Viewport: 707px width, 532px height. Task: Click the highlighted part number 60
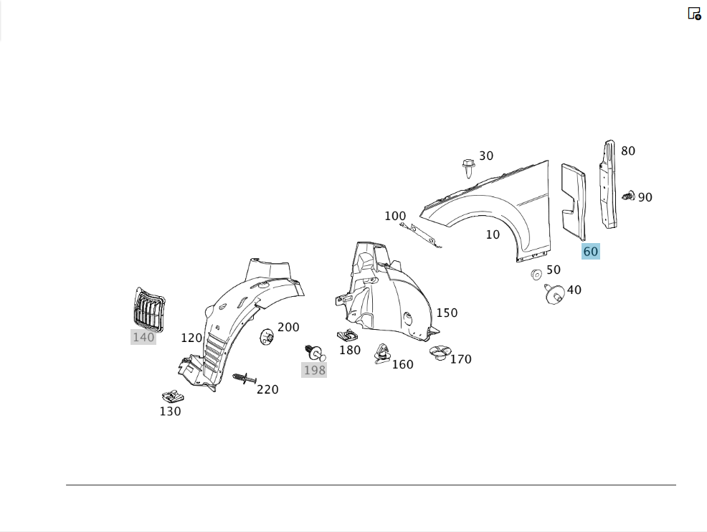tap(591, 251)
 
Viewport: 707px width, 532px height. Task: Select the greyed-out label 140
tap(143, 337)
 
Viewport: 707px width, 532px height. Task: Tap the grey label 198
tap(314, 370)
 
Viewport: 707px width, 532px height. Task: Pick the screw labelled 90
tap(629, 196)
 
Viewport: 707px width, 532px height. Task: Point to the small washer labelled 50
tap(536, 274)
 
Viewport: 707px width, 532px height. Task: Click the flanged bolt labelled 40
tap(554, 294)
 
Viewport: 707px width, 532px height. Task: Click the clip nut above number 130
tap(173, 396)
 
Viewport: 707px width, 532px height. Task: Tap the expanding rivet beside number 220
tap(245, 378)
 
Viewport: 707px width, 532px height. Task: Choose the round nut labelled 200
tap(267, 337)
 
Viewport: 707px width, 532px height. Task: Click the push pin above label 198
tap(315, 353)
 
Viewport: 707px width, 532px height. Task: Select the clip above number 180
tap(348, 335)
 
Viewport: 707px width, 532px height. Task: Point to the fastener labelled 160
tap(381, 354)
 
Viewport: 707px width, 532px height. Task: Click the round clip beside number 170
tap(438, 353)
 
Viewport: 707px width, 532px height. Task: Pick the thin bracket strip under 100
tap(420, 235)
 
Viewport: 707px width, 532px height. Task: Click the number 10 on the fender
tap(493, 234)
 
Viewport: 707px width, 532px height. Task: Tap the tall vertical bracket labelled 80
tap(608, 184)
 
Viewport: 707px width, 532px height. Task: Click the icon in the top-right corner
tap(694, 14)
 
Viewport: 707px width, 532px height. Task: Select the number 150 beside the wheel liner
tap(447, 313)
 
